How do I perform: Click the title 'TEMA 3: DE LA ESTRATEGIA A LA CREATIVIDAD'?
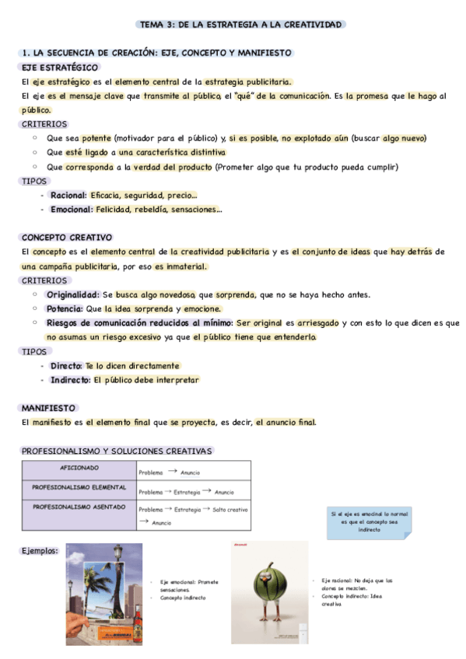(240, 25)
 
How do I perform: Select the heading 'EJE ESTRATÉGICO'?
(60, 68)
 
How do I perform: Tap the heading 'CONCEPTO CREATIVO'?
(67, 237)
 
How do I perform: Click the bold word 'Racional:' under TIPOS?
(68, 195)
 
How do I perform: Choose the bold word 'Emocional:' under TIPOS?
(72, 209)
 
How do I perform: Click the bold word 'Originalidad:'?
(72, 295)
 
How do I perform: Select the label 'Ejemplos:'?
(40, 551)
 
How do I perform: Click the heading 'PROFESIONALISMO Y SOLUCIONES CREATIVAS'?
(117, 451)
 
